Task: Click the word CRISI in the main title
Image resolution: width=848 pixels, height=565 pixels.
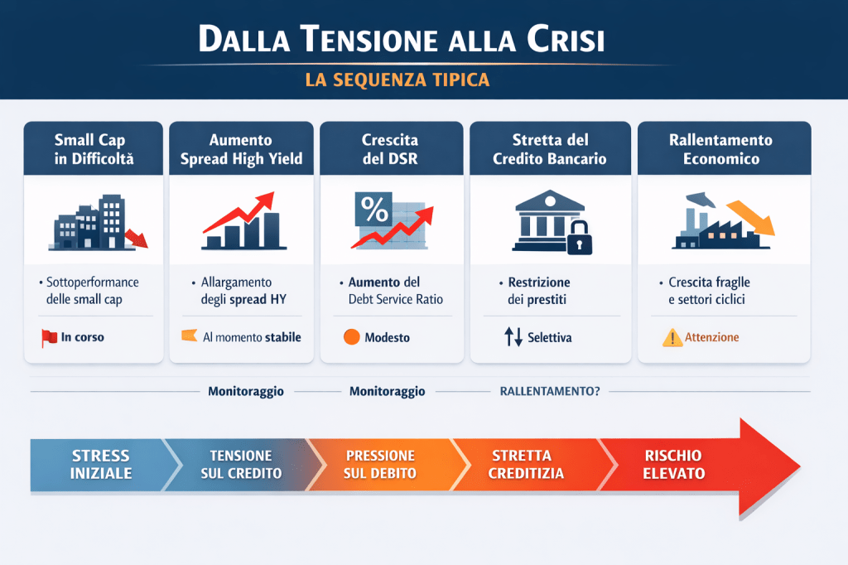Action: pyautogui.click(x=565, y=39)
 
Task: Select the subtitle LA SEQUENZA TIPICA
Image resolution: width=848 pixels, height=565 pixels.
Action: pyautogui.click(x=397, y=80)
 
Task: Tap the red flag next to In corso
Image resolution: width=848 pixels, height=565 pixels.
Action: pyautogui.click(x=49, y=338)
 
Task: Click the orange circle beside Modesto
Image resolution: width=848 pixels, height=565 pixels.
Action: pyautogui.click(x=351, y=337)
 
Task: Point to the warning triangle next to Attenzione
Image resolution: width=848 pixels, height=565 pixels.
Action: pyautogui.click(x=672, y=338)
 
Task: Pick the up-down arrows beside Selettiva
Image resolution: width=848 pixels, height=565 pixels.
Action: pyautogui.click(x=513, y=336)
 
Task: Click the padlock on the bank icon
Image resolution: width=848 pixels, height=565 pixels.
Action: pyautogui.click(x=579, y=237)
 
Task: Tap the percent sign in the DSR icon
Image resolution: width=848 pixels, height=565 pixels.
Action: pyautogui.click(x=374, y=210)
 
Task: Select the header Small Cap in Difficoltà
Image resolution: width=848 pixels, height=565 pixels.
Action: pyautogui.click(x=94, y=149)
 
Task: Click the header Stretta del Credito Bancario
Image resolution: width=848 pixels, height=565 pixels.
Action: pyautogui.click(x=550, y=149)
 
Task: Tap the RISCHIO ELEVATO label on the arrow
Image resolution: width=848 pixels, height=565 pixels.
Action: pyautogui.click(x=674, y=464)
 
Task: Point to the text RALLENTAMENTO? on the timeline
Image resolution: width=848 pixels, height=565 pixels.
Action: pyautogui.click(x=550, y=391)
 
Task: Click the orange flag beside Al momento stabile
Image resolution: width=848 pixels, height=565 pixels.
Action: pyautogui.click(x=190, y=336)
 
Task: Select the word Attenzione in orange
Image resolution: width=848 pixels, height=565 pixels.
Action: pyautogui.click(x=711, y=337)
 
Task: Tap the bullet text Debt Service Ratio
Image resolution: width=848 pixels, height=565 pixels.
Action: pyautogui.click(x=395, y=299)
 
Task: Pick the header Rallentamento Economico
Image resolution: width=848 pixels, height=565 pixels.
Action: pyautogui.click(x=721, y=149)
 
